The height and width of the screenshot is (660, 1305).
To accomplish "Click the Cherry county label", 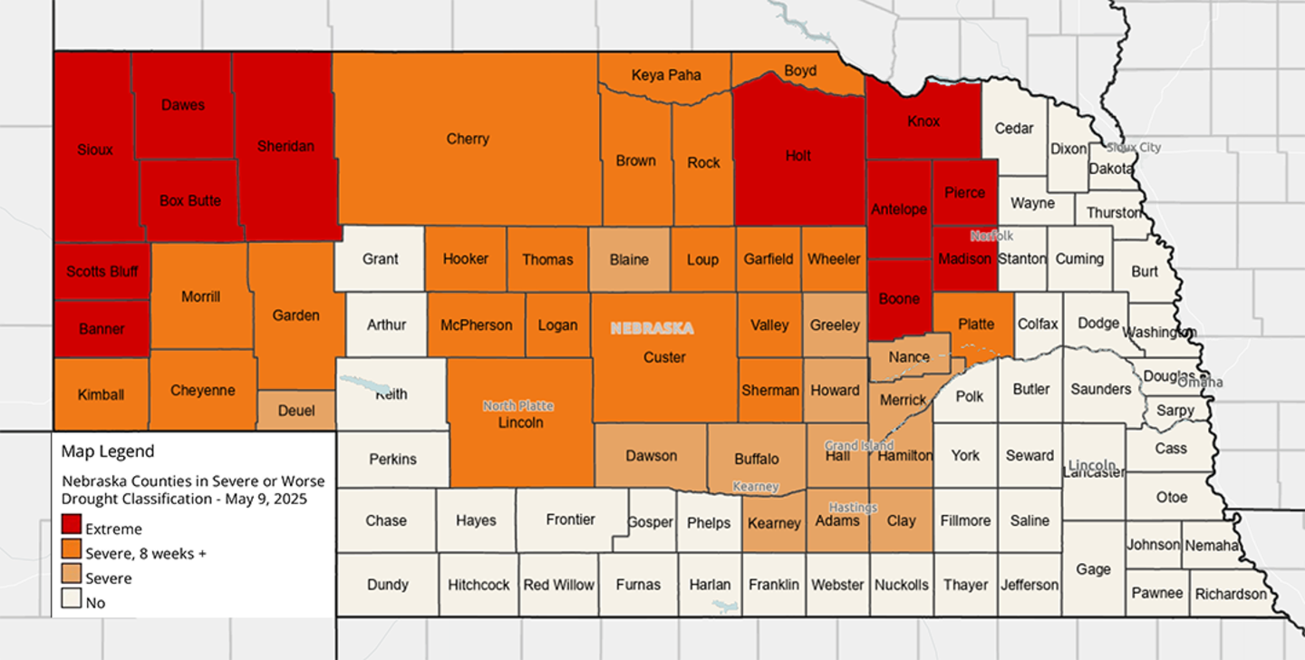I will [x=468, y=139].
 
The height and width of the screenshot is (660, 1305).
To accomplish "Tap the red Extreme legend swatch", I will [x=72, y=527].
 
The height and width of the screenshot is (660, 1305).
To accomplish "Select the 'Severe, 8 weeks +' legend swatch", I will [x=72, y=551].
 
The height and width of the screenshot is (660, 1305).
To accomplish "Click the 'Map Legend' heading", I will [x=108, y=451].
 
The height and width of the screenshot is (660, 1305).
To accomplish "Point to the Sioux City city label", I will [x=1133, y=147].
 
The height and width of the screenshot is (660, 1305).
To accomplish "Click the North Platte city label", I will [x=517, y=406].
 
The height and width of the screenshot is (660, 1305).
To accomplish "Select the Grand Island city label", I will [x=858, y=445].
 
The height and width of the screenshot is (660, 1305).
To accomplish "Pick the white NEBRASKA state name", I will [x=652, y=328].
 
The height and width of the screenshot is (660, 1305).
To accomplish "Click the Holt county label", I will [x=798, y=156].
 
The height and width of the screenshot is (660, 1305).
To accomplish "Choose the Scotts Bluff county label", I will [x=101, y=272].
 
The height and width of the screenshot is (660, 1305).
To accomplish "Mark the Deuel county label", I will [x=296, y=411].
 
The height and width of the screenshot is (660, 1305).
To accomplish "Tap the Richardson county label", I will [x=1231, y=594].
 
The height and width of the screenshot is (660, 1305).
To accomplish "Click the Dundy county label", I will [x=388, y=585].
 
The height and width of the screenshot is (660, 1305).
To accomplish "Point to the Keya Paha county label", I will [x=666, y=75].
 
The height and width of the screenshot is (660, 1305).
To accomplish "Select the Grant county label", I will [x=381, y=259].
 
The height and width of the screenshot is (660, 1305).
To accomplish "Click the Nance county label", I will [x=909, y=357].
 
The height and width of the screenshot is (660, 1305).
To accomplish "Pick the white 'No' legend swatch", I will [x=72, y=599].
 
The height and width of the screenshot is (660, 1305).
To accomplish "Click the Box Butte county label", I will [x=190, y=201].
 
